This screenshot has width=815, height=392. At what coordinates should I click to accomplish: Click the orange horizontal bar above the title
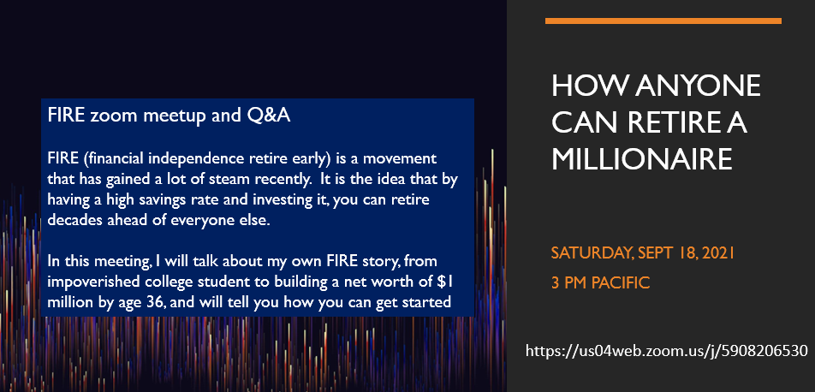tap(663, 21)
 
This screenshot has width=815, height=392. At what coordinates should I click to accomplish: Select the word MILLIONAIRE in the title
tap(642, 159)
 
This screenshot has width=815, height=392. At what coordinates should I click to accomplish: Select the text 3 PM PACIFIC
tap(600, 283)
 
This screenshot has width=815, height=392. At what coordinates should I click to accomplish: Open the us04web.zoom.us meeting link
tap(667, 351)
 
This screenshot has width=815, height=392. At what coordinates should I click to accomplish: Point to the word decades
tap(70, 221)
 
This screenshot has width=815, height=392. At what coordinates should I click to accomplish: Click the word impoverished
tap(88, 282)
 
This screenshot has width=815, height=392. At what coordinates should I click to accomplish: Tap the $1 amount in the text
tap(449, 282)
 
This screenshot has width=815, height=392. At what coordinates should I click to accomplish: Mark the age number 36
tap(156, 303)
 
